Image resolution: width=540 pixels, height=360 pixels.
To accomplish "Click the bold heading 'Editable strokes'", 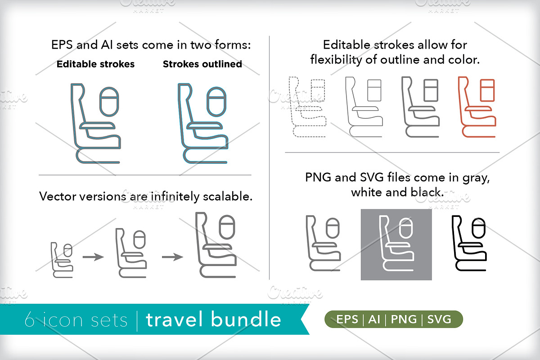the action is (95, 64).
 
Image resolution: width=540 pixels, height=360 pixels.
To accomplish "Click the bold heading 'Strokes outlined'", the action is (202, 64).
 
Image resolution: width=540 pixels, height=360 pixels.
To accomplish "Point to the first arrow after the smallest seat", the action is (93, 257).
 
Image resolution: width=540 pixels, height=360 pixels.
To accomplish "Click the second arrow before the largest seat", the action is (172, 257).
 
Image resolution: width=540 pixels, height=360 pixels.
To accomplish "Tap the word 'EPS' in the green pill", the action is (347, 319).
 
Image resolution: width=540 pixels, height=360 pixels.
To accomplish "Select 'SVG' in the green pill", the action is (439, 319).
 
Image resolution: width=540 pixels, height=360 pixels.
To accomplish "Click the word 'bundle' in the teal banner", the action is (246, 319).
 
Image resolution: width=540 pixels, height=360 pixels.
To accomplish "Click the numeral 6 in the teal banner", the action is (29, 319).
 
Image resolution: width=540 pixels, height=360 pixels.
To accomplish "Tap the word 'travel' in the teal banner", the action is (174, 319).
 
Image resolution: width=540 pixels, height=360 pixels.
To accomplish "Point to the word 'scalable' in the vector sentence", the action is (227, 197).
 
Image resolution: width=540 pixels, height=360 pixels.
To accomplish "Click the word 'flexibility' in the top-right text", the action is (336, 60).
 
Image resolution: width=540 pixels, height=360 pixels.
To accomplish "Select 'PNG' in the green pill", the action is (404, 319).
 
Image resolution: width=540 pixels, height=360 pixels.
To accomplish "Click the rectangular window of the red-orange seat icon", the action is (487, 90).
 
